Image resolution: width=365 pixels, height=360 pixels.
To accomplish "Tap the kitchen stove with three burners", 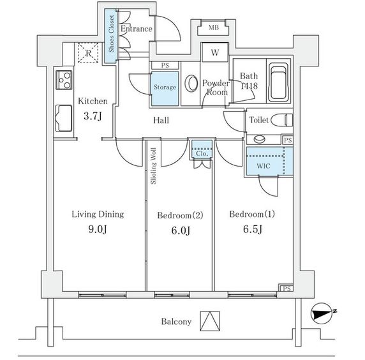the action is pyautogui.click(x=64, y=80).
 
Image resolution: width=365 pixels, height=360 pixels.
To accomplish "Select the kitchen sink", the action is pyautogui.click(x=64, y=118).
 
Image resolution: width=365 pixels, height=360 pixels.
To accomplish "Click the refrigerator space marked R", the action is pyautogui.click(x=88, y=53).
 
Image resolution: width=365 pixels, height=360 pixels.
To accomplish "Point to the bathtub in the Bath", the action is pyautogui.click(x=278, y=82).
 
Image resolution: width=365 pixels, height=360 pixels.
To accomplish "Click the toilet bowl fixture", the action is pyautogui.click(x=282, y=120).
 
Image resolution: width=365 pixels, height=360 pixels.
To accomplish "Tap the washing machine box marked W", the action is pyautogui.click(x=215, y=52).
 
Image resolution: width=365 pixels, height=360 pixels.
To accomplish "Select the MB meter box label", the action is pyautogui.click(x=214, y=27).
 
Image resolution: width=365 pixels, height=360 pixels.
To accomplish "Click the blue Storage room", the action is pyautogui.click(x=165, y=89).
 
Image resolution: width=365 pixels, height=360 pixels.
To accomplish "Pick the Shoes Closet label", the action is pyautogui.click(x=111, y=34).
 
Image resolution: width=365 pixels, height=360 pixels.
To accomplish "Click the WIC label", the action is pyautogui.click(x=264, y=166).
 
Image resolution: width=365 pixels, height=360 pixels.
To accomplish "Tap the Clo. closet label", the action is pyautogui.click(x=202, y=153).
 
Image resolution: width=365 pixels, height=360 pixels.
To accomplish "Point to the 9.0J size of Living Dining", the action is pyautogui.click(x=98, y=229).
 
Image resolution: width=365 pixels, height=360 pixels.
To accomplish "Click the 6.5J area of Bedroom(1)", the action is pyautogui.click(x=253, y=229).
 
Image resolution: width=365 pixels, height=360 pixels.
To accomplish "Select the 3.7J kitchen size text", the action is pyautogui.click(x=93, y=116).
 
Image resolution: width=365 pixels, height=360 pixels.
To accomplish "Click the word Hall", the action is pyautogui.click(x=161, y=121).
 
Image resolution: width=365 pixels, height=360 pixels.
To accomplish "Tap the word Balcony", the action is pyautogui.click(x=176, y=322).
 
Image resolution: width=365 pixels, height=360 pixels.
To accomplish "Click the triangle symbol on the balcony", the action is pyautogui.click(x=210, y=321).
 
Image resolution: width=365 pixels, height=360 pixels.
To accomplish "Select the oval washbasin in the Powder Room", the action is pyautogui.click(x=191, y=84).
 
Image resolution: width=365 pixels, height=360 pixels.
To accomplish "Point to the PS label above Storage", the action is pyautogui.click(x=165, y=66).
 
